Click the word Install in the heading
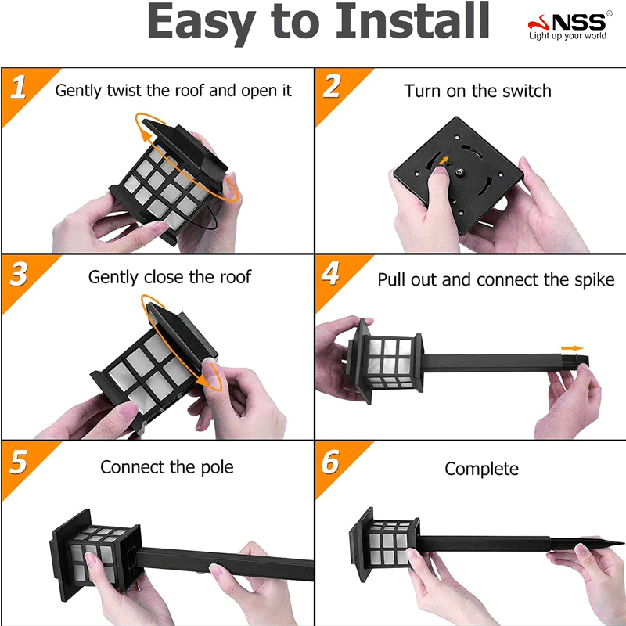[x=412, y=21]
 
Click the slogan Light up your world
[x=568, y=36]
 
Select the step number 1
[x=18, y=87]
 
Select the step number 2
[x=332, y=85]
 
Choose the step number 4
[x=331, y=273]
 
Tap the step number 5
[x=18, y=462]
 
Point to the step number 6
[x=331, y=462]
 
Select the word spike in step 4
[x=595, y=280]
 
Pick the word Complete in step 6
[x=481, y=469]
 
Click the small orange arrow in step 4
[x=572, y=348]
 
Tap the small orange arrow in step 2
[x=444, y=160]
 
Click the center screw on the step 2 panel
[x=460, y=172]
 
